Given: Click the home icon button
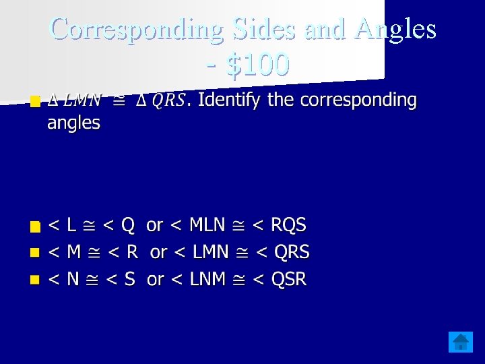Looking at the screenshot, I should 461,342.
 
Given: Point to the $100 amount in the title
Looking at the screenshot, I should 258,65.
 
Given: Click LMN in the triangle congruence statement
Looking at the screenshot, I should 83,101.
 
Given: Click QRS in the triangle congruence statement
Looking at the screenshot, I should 168,101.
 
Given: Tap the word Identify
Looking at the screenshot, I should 229,100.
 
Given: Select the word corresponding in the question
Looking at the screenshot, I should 358,100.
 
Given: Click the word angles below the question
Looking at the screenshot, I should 73,123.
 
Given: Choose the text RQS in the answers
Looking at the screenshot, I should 288,224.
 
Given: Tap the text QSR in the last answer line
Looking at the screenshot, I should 289,279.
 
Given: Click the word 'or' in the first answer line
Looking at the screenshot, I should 155,224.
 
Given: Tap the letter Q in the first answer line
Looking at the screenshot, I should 127,224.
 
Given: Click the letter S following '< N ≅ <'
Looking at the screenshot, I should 129,279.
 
